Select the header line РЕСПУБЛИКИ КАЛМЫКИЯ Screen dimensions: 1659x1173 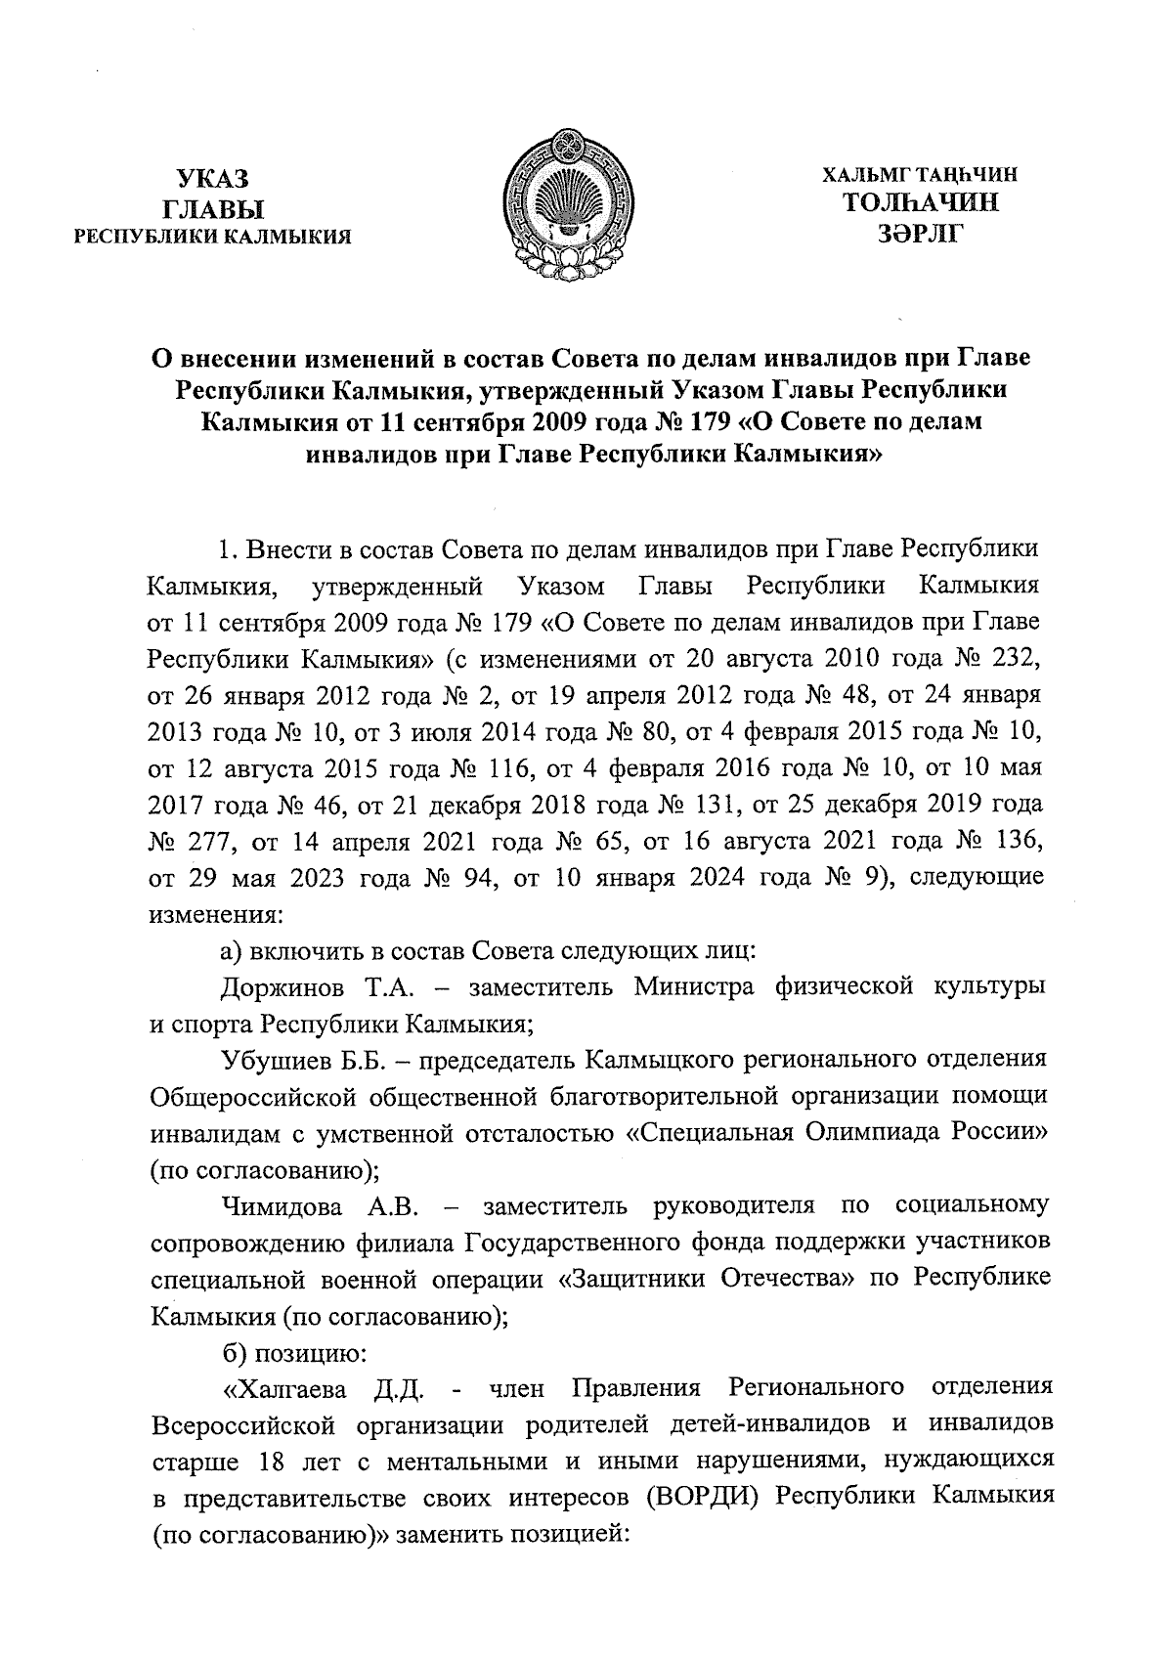click(213, 237)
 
